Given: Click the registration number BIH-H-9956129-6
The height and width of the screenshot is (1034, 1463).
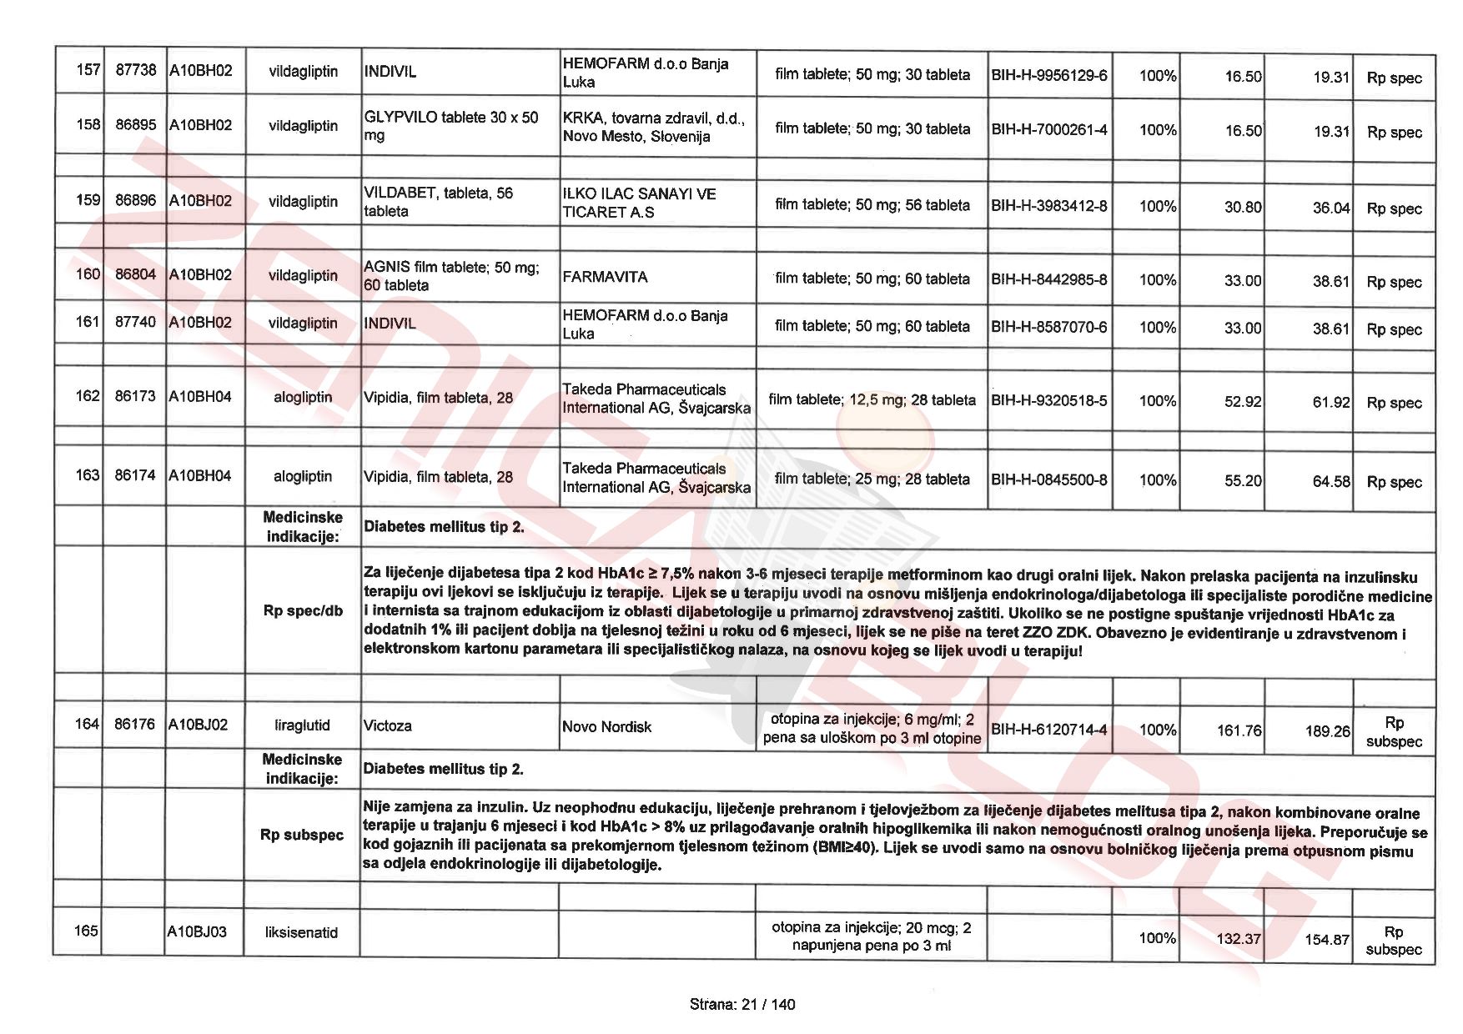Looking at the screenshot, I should [x=1048, y=76].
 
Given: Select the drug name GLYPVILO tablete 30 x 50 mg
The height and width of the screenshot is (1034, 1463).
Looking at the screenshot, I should [x=451, y=126].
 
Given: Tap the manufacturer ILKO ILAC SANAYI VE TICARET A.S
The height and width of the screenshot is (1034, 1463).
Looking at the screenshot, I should [x=639, y=203].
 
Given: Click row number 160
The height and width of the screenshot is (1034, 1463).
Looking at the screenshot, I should [x=88, y=274].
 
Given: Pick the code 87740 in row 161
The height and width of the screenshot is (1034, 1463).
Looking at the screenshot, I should [x=135, y=322].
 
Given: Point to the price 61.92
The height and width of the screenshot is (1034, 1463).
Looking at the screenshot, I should [x=1330, y=402].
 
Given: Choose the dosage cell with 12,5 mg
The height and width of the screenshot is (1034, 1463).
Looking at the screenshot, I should [x=872, y=400].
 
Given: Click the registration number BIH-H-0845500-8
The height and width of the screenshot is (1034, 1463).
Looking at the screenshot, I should [x=1048, y=480].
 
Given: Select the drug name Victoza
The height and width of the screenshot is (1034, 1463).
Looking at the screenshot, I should [x=388, y=725].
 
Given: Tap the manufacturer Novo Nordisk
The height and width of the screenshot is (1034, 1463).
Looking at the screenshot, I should [x=606, y=727].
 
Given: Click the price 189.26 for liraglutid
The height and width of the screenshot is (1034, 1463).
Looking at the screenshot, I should [x=1327, y=731].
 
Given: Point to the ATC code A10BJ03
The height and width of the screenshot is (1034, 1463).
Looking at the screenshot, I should [x=197, y=931].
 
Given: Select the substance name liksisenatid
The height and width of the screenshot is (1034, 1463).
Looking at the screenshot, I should [x=301, y=932].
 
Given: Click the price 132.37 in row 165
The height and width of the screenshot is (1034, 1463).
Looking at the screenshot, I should [x=1238, y=939].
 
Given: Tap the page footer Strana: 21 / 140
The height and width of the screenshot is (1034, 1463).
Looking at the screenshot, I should [x=742, y=1004].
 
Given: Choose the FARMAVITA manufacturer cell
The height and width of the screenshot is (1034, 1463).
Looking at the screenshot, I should [x=606, y=277].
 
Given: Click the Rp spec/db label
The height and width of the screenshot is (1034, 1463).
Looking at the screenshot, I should [x=303, y=611].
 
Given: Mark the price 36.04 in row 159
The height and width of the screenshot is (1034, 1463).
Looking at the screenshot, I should [x=1330, y=208].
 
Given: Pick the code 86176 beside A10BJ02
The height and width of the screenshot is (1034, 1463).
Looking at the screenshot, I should [x=135, y=724].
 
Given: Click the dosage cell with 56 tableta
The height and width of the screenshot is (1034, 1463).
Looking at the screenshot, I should [x=872, y=205].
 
